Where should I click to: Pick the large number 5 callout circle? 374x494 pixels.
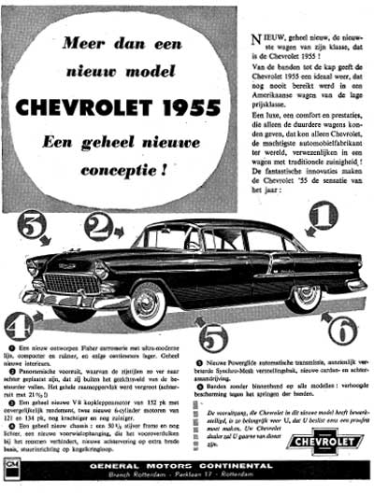click(x=213, y=337)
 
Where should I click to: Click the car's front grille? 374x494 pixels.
click(x=65, y=283)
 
